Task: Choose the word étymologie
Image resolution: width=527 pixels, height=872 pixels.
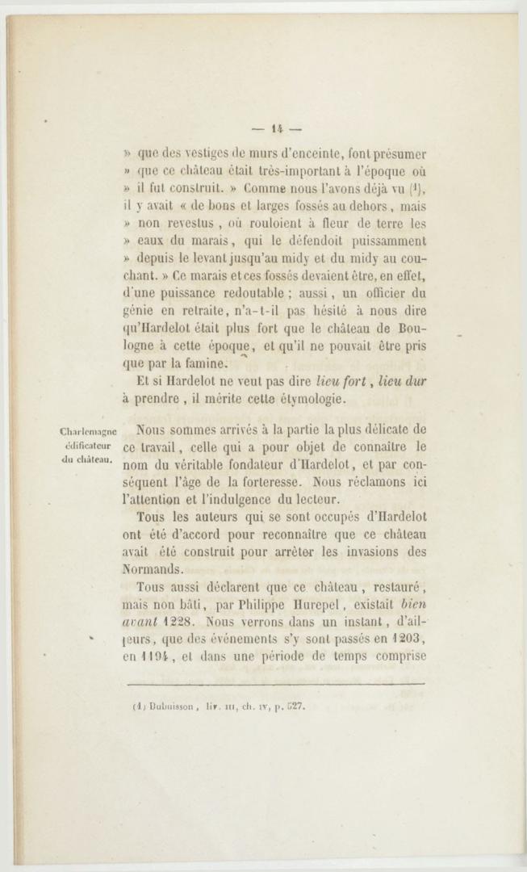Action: coord(310,399)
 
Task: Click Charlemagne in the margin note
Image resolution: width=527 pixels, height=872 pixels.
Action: coord(89,432)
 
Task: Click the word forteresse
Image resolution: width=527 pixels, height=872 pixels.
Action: coord(270,482)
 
